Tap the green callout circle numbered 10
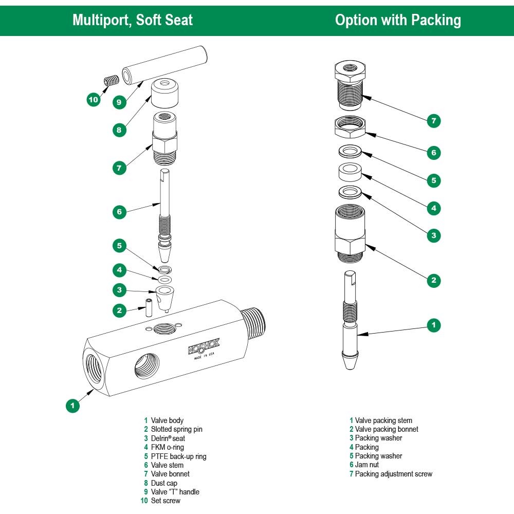[94, 100]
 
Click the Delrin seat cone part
[164, 297]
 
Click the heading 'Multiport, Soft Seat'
[133, 20]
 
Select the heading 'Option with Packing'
[398, 20]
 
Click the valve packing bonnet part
[350, 231]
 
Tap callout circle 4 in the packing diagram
[434, 208]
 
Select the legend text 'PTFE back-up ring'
[178, 456]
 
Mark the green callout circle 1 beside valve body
[73, 406]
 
